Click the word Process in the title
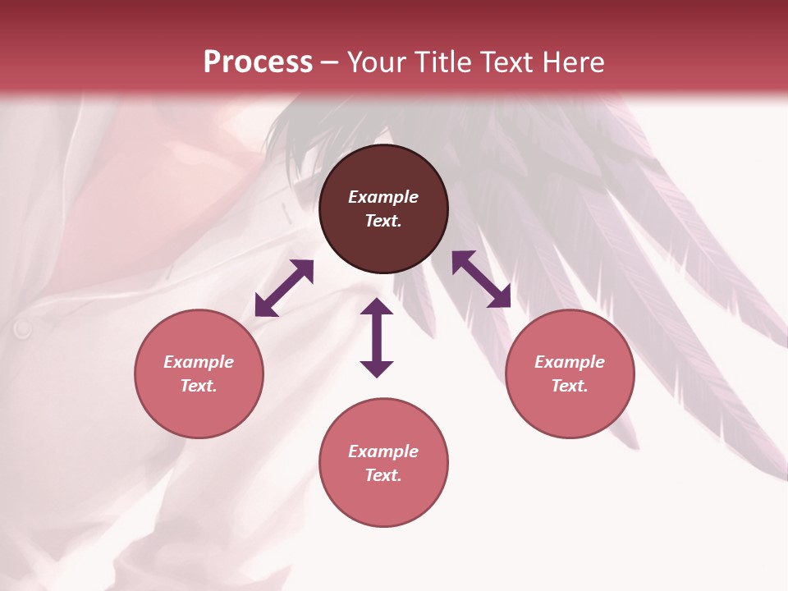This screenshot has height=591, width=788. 258,62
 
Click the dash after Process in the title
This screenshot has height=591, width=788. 330,63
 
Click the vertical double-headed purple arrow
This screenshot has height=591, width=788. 377,337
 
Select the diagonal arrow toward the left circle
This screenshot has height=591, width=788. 284,288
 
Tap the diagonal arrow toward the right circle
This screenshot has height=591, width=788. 481,279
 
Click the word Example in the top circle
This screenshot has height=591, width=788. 383,197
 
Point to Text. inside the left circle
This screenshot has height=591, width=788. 199,386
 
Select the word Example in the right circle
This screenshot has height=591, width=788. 570,362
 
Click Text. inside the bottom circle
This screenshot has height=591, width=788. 383,475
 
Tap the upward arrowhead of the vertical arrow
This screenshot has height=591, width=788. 377,308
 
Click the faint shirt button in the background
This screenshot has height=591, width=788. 22,329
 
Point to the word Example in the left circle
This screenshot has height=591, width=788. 199,362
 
